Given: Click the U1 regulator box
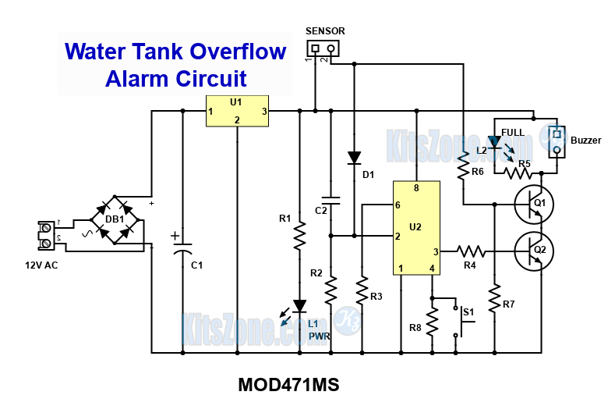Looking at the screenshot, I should tap(237, 111).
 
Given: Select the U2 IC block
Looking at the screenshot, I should tap(415, 228).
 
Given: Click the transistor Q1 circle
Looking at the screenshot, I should tap(533, 205).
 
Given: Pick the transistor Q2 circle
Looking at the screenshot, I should tap(533, 251).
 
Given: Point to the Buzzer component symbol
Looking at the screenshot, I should tap(557, 141).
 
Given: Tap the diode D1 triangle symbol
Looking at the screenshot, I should tap(354, 158).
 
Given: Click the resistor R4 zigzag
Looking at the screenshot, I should tap(471, 251).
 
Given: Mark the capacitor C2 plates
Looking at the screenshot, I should tap(330, 201).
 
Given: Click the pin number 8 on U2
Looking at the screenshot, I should tap(416, 188).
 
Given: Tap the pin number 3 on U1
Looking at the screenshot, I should tap(264, 112).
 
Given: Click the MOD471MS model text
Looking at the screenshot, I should tap(288, 386).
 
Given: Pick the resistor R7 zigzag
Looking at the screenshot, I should tap(494, 297).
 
